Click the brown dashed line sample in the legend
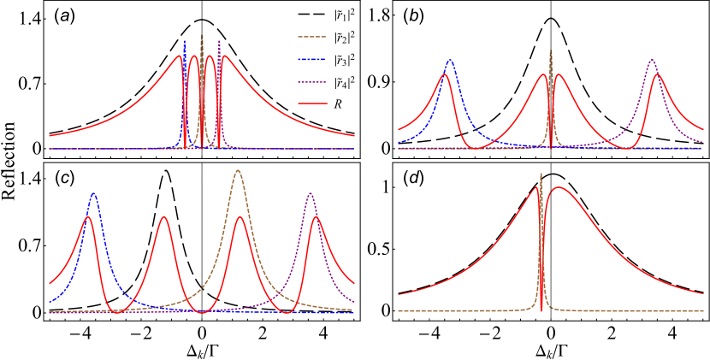312,37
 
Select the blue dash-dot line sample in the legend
312,60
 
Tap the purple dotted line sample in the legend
312,82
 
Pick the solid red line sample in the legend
312,103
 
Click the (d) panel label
413,178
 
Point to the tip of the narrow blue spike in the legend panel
184,41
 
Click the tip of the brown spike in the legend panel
202,36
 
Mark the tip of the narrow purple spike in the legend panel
219,41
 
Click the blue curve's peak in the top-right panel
450,61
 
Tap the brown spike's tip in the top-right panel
550,51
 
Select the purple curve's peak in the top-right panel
652,60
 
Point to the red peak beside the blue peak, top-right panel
444,74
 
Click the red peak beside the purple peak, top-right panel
658,74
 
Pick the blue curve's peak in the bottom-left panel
93,194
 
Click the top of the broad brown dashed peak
238,171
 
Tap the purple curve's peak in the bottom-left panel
311,193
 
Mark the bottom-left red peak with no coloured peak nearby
163,217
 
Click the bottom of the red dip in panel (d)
541,311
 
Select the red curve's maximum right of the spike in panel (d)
559,187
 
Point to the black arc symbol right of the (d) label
553,177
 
